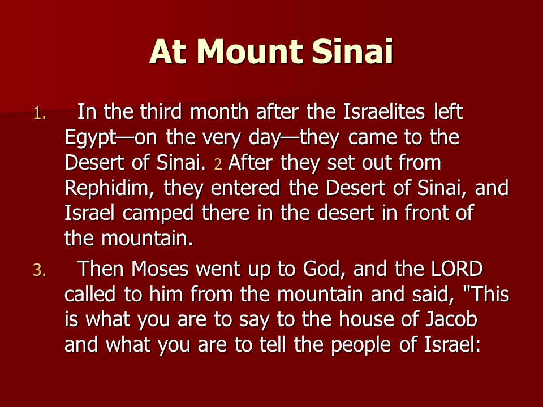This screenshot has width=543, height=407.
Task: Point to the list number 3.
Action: pos(40,270)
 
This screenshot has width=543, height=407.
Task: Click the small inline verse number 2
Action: pos(218,164)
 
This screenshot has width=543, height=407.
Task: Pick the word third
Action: pos(161,111)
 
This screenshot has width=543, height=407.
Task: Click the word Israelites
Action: pos(384,111)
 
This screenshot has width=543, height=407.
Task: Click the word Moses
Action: pos(160,269)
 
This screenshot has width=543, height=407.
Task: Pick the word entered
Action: pos(245,188)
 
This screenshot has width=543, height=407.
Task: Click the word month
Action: pos(219,111)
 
